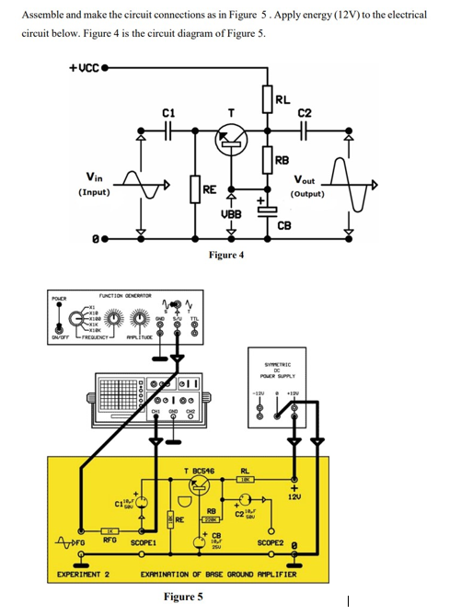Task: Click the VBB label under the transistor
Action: (232, 213)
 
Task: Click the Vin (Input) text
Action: (94, 185)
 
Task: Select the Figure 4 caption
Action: (226, 255)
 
